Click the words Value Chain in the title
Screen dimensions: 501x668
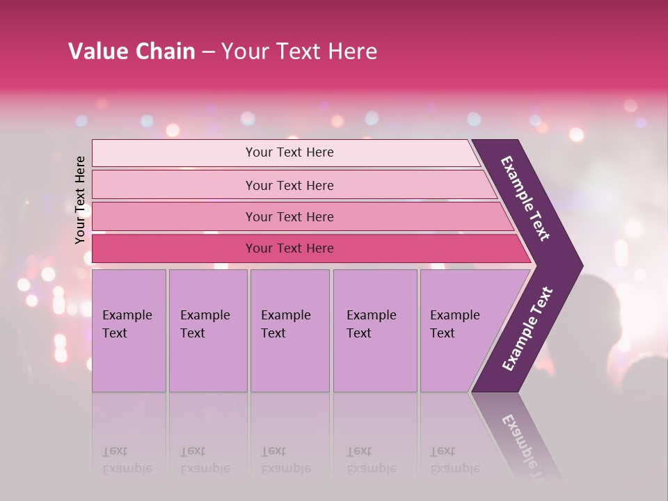[132, 51]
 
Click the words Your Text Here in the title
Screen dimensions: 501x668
[299, 51]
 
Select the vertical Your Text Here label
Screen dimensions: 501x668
[80, 200]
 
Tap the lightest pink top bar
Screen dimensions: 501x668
[289, 152]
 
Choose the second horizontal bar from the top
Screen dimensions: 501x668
[289, 185]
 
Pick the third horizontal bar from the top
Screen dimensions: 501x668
[289, 216]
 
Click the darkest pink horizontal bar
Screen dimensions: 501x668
[289, 248]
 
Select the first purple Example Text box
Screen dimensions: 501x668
[129, 331]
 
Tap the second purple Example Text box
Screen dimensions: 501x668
[208, 331]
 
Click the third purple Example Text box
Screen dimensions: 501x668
[289, 331]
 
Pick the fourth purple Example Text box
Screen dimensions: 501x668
[375, 331]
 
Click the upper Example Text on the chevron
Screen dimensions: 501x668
[525, 198]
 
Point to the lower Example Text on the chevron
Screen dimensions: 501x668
[527, 329]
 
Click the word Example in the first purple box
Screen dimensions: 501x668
[127, 315]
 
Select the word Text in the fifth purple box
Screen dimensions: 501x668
[443, 333]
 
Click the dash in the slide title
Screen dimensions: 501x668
[208, 51]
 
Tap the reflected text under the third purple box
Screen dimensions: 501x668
[285, 460]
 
